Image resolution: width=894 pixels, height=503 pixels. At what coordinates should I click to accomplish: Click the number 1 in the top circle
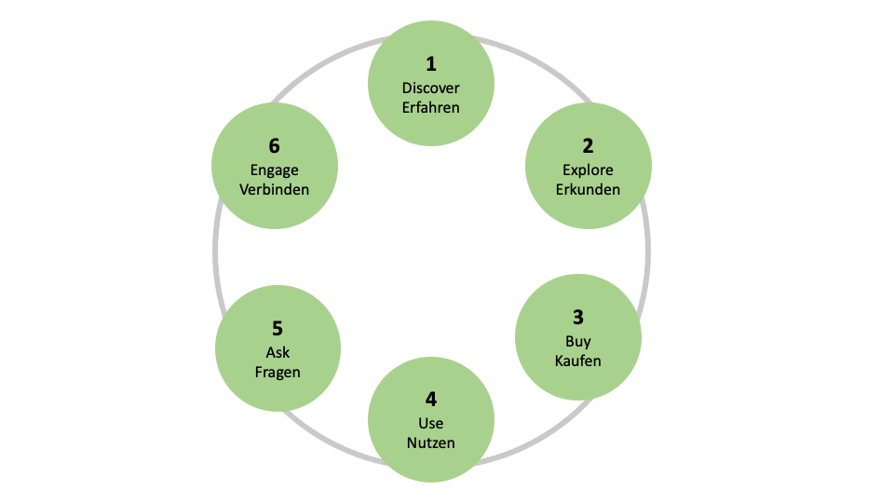(431, 64)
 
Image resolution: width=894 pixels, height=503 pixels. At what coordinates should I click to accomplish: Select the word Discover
(431, 88)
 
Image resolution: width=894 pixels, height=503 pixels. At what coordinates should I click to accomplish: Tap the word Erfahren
(431, 107)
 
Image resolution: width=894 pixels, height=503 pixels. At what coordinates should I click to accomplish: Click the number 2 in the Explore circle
(588, 146)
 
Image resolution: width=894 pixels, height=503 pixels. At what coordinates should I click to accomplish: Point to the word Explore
(588, 170)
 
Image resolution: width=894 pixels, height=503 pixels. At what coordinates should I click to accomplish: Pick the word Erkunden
(588, 189)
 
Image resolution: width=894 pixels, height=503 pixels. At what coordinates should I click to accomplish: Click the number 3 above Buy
(578, 317)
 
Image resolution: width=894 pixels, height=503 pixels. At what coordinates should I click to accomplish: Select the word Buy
(578, 341)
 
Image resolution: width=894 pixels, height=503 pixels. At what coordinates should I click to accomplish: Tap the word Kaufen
(578, 360)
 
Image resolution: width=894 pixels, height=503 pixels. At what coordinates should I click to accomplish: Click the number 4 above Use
(431, 400)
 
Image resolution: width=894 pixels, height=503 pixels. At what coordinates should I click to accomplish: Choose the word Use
(431, 424)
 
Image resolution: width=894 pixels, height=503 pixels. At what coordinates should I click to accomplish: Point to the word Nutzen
(431, 442)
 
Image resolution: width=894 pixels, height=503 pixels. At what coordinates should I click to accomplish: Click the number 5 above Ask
(278, 329)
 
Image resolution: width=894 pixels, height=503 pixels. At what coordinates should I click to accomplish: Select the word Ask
(278, 352)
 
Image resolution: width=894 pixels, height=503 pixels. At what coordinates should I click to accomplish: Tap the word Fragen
(278, 372)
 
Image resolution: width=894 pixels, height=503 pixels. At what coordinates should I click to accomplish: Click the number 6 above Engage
(274, 146)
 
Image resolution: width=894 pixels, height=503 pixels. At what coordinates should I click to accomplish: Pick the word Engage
(274, 170)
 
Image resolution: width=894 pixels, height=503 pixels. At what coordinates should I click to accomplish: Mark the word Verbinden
(274, 189)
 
